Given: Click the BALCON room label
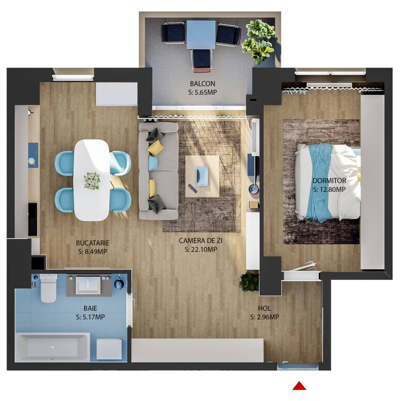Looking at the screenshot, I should click(203, 83).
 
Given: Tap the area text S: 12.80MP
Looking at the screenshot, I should click(329, 189).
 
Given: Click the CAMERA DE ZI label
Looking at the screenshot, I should click(200, 241).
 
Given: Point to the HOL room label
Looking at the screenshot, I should click(264, 308).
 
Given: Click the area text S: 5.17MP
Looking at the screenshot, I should click(90, 317).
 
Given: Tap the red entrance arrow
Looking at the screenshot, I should click(299, 385).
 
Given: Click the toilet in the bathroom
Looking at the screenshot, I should click(49, 289).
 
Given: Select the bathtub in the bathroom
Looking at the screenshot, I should click(53, 347).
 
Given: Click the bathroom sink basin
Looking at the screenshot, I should click(90, 285).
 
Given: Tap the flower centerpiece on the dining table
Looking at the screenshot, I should click(92, 180).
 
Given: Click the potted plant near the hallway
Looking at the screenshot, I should click(249, 282).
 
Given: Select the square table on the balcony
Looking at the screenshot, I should click(201, 35).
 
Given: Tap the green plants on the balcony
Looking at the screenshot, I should click(258, 41).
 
